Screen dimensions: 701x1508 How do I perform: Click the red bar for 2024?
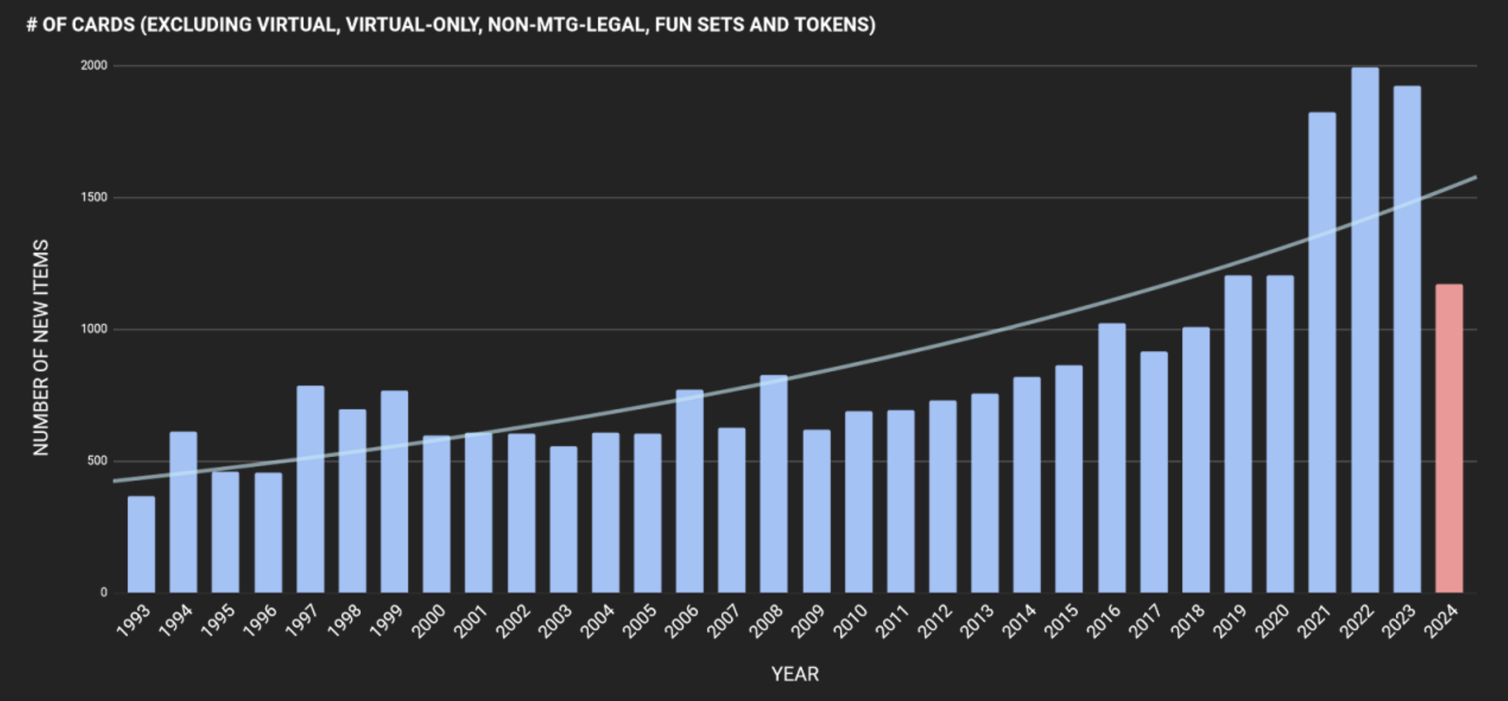[1449, 439]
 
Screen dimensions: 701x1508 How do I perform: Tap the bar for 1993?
[141, 544]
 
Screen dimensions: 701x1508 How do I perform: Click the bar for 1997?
[310, 489]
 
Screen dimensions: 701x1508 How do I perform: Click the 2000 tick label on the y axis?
[94, 65]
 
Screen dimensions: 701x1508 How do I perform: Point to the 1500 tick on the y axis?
[94, 197]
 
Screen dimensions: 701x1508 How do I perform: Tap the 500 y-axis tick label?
[97, 461]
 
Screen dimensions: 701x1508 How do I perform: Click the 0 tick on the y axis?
[104, 593]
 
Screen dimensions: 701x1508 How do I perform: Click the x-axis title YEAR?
[795, 674]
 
